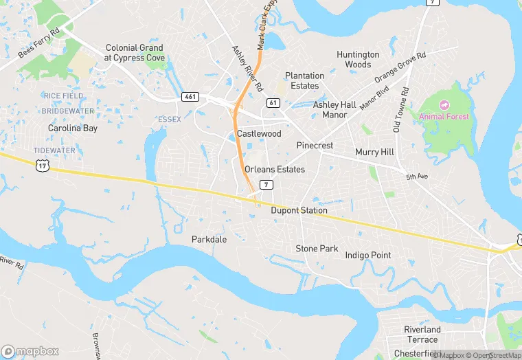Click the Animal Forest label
[x=444, y=116]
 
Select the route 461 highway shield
[x=190, y=97]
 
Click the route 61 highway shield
[x=273, y=102]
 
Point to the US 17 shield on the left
[x=43, y=166]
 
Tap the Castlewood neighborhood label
[x=259, y=133]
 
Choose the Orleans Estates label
[x=274, y=169]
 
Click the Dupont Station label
[x=299, y=210]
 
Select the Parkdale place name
[x=209, y=239]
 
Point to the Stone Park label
[x=317, y=248]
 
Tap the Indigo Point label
[x=368, y=255]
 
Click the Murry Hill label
[x=374, y=151]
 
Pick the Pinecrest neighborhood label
[x=315, y=146]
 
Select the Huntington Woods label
[x=358, y=59]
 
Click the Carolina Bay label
[x=73, y=128]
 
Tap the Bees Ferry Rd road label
[x=41, y=42]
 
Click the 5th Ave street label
[x=416, y=177]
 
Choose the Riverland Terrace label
[x=422, y=335]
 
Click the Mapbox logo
[x=30, y=350]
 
